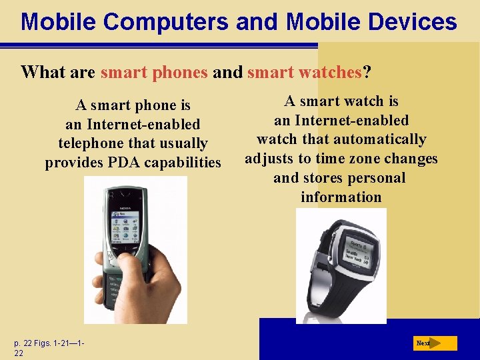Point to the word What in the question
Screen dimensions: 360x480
tap(43, 72)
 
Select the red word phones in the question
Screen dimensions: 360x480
tap(182, 72)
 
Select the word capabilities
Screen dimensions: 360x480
tap(190, 163)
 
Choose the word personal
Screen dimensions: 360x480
tap(373, 178)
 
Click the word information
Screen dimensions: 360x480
tap(341, 197)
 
